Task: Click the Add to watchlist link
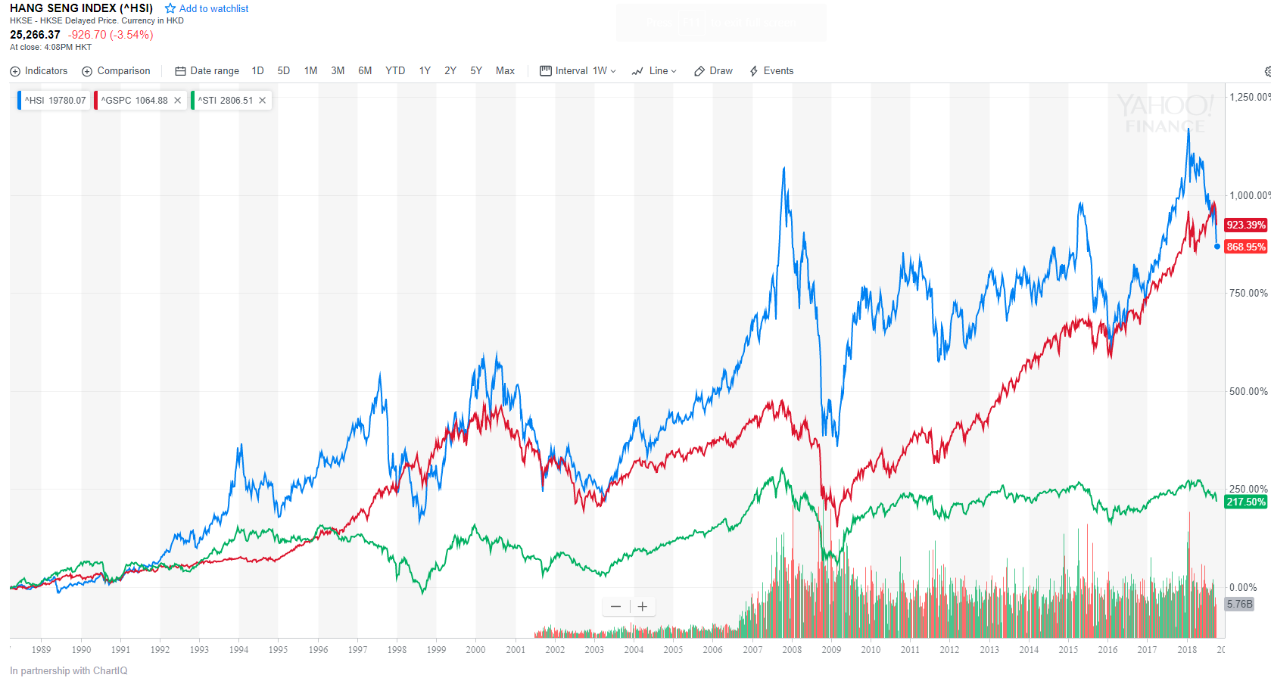(207, 9)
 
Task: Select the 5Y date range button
(476, 71)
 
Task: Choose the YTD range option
(395, 71)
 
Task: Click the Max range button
(505, 71)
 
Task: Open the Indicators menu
(39, 71)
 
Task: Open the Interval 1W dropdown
(578, 71)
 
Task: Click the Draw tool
(713, 71)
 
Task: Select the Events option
(771, 71)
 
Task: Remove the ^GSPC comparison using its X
(178, 101)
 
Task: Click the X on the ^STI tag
(263, 101)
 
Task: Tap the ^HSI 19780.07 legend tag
(55, 101)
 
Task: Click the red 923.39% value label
(1245, 225)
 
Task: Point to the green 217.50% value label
(1245, 502)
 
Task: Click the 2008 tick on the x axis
(792, 650)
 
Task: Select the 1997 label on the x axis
(357, 650)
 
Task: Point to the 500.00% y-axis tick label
(1248, 391)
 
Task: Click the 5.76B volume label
(1239, 604)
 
